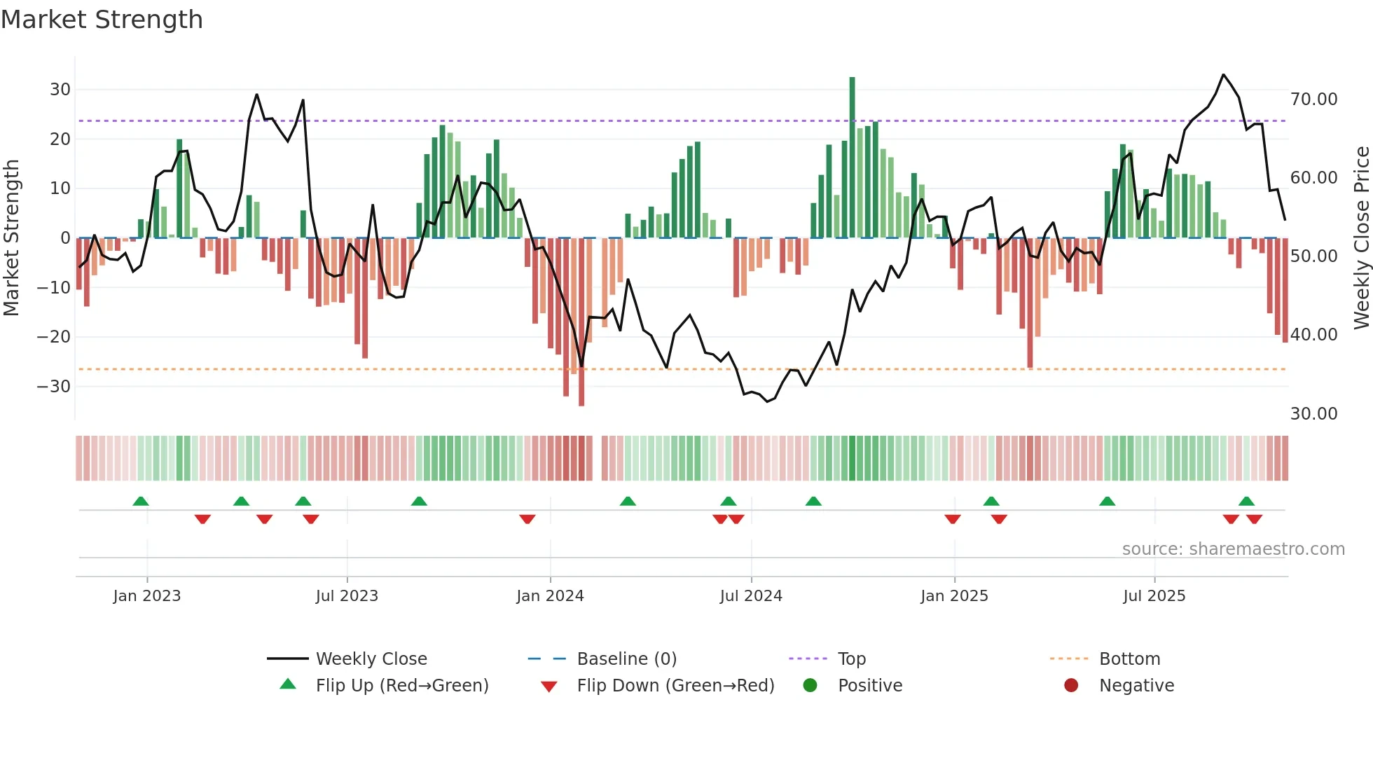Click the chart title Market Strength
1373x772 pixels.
tap(102, 20)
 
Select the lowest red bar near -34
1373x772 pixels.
tap(581, 322)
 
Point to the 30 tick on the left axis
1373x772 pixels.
tap(60, 90)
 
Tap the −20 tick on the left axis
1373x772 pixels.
tap(54, 337)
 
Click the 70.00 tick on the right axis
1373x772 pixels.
tap(1313, 99)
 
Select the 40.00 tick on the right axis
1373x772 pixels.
tap(1313, 335)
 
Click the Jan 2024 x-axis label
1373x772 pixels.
tap(550, 596)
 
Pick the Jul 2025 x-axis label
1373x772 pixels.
tap(1154, 596)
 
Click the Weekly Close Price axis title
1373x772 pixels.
tap(1361, 238)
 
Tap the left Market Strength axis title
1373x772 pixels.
tap(11, 238)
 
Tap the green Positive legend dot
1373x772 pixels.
tap(810, 686)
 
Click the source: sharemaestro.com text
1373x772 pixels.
tap(1233, 549)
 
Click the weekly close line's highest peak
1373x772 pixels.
tap(1223, 75)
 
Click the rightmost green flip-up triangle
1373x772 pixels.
tap(1246, 502)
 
